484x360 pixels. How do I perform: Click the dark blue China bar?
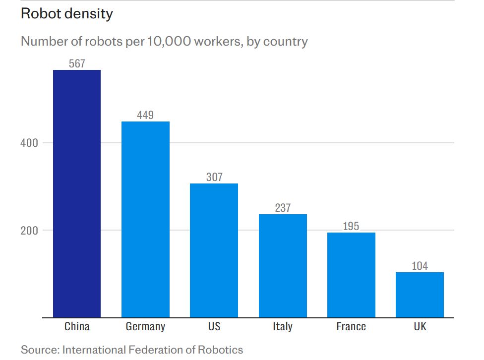pyautogui.click(x=77, y=193)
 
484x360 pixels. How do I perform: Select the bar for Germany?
pyautogui.click(x=145, y=219)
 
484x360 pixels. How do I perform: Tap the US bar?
pyautogui.click(x=214, y=250)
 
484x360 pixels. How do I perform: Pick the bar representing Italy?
pyautogui.click(x=283, y=266)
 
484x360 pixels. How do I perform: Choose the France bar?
pyautogui.click(x=351, y=275)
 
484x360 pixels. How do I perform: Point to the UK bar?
pyautogui.click(x=420, y=295)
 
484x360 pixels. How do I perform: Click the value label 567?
pyautogui.click(x=77, y=63)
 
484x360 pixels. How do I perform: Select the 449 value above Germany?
pyautogui.click(x=145, y=115)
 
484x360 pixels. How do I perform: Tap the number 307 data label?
pyautogui.click(x=214, y=177)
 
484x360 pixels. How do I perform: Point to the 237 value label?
pyautogui.click(x=283, y=208)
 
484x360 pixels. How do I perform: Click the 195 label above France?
pyautogui.click(x=351, y=227)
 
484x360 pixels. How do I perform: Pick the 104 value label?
pyautogui.click(x=420, y=266)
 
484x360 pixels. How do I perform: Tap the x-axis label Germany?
pyautogui.click(x=145, y=326)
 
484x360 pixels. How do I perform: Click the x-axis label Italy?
pyautogui.click(x=283, y=326)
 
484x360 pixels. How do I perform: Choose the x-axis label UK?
pyautogui.click(x=420, y=326)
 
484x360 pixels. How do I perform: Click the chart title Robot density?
pyautogui.click(x=67, y=14)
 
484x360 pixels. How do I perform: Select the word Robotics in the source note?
pyautogui.click(x=221, y=350)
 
